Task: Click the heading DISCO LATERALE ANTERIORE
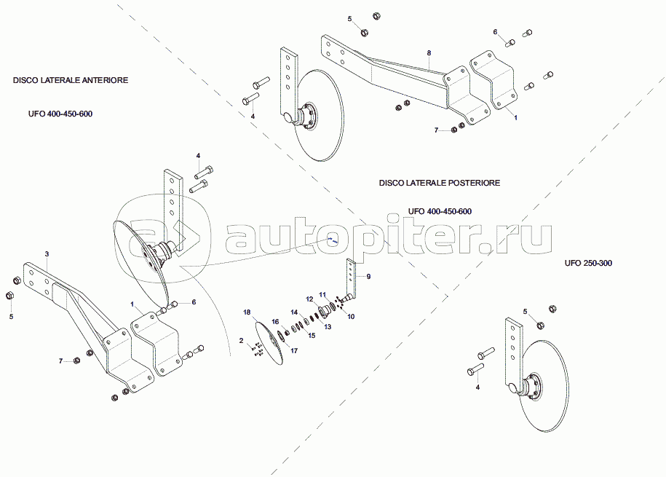pyautogui.click(x=71, y=80)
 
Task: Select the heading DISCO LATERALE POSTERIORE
pyautogui.click(x=439, y=183)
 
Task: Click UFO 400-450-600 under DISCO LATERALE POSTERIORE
pyautogui.click(x=440, y=211)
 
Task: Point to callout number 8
pyautogui.click(x=429, y=54)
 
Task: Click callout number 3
pyautogui.click(x=47, y=253)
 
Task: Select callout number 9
pyautogui.click(x=368, y=277)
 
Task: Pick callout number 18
pyautogui.click(x=246, y=312)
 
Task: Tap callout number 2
pyautogui.click(x=241, y=340)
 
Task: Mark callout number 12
pyautogui.click(x=309, y=299)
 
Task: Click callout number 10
pyautogui.click(x=350, y=317)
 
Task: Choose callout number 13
pyautogui.click(x=328, y=328)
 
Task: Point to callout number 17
pyautogui.click(x=294, y=350)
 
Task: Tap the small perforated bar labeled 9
pyautogui.click(x=352, y=277)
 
